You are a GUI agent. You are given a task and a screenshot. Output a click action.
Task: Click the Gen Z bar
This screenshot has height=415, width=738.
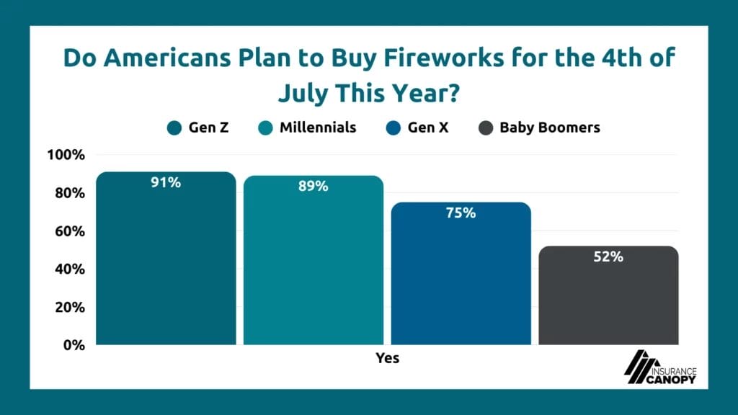pyautogui.click(x=166, y=267)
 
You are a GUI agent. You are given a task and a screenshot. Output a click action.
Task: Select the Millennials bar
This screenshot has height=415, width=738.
pyautogui.click(x=314, y=267)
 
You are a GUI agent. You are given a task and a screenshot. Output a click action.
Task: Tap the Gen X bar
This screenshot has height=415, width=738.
pyautogui.click(x=461, y=281)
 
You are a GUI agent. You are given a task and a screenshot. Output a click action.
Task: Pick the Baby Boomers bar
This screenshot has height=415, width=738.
pyautogui.click(x=609, y=299)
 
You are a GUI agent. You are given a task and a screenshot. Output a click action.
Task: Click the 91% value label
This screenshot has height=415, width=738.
pyautogui.click(x=166, y=183)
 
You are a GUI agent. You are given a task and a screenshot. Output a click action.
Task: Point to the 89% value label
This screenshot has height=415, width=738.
pyautogui.click(x=314, y=187)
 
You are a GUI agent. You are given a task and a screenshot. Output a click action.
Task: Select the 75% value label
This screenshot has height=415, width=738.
pyautogui.click(x=461, y=213)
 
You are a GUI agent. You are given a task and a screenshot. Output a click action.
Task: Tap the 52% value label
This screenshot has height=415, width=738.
pyautogui.click(x=609, y=256)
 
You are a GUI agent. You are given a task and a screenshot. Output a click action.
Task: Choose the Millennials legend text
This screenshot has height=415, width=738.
pyautogui.click(x=316, y=128)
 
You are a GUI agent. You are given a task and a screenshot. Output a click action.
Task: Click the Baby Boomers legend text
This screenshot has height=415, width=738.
pyautogui.click(x=550, y=128)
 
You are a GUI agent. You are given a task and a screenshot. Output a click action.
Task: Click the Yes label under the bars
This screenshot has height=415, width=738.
pyautogui.click(x=387, y=358)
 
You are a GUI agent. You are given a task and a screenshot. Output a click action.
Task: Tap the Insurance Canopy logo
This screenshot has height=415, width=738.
pyautogui.click(x=659, y=368)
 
